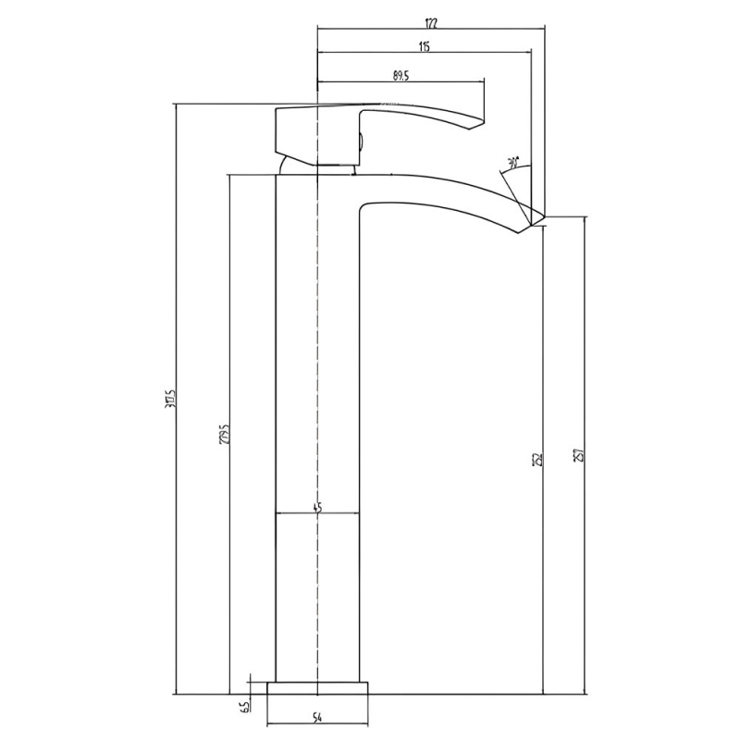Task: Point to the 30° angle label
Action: [x=513, y=163]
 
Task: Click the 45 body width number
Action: [x=317, y=506]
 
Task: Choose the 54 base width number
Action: [x=317, y=718]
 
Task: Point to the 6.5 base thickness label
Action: [x=244, y=708]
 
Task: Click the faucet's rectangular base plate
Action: [x=317, y=689]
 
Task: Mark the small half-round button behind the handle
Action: [x=361, y=143]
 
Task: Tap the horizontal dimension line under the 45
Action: [x=317, y=513]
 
